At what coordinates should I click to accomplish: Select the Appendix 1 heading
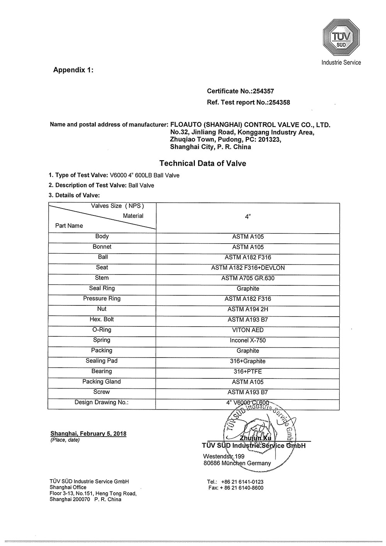[73, 70]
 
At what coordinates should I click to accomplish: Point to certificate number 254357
[263, 91]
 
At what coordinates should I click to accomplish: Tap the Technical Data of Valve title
[203, 163]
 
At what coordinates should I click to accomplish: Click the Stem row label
[102, 278]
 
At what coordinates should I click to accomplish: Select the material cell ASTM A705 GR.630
[248, 278]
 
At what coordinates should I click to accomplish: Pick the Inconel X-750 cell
[248, 340]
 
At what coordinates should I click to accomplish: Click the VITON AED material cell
[248, 330]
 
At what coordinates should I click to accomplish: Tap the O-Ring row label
[102, 330]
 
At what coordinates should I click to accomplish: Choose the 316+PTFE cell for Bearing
[248, 371]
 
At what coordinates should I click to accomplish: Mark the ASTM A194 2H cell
[248, 309]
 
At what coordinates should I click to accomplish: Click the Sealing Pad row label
[102, 361]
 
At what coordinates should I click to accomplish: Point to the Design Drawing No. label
[102, 402]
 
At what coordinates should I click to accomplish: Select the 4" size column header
[248, 217]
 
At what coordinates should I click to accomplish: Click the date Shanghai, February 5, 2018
[88, 433]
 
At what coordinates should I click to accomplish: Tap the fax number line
[235, 488]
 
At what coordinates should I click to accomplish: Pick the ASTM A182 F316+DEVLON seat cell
[248, 268]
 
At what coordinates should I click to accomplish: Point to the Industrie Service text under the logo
[341, 63]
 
